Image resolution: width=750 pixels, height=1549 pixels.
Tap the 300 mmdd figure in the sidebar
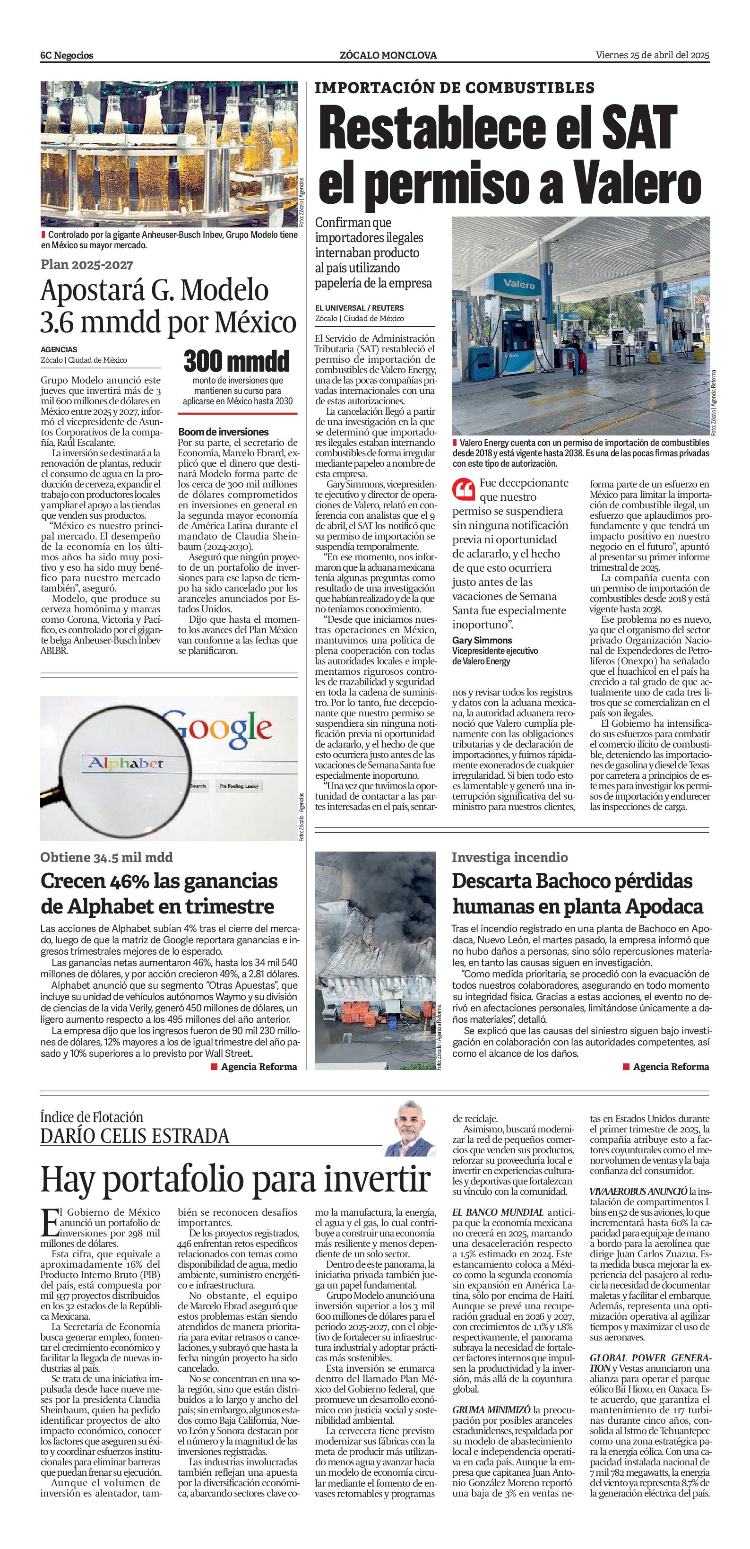pyautogui.click(x=236, y=361)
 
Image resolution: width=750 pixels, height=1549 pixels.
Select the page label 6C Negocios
pyautogui.click(x=67, y=55)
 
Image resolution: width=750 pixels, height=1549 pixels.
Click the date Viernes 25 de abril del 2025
pyautogui.click(x=652, y=55)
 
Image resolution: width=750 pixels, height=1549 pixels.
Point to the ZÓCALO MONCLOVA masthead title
pyautogui.click(x=388, y=55)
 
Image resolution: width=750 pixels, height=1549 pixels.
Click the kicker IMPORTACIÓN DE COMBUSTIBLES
pyautogui.click(x=454, y=88)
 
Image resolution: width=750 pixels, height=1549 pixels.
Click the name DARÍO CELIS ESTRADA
pyautogui.click(x=135, y=1136)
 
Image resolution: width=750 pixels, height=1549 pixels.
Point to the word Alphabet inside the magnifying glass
pyautogui.click(x=126, y=764)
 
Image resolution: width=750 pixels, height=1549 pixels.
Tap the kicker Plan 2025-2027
pyautogui.click(x=87, y=265)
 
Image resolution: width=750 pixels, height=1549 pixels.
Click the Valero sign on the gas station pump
pyautogui.click(x=518, y=283)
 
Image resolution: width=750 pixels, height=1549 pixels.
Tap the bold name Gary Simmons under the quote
pyautogui.click(x=482, y=640)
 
